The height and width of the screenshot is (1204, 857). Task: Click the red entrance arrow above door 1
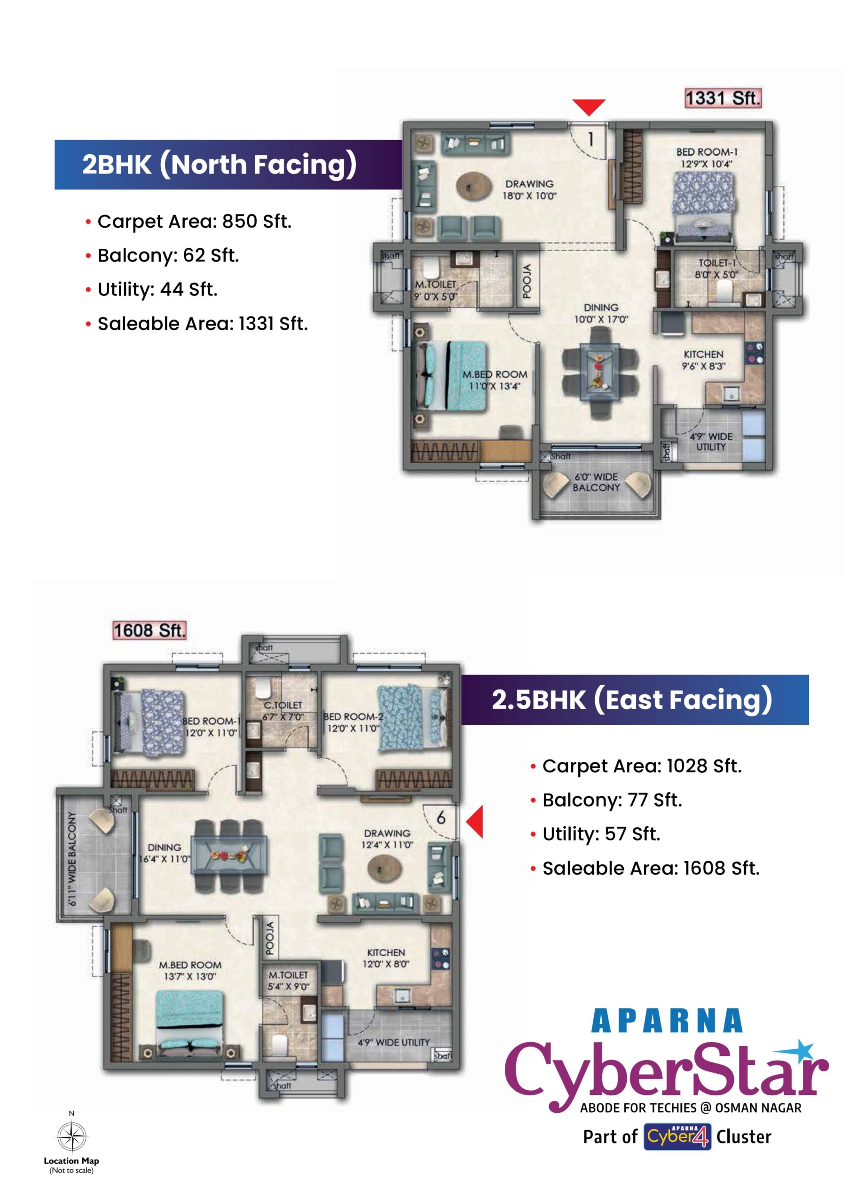pyautogui.click(x=589, y=107)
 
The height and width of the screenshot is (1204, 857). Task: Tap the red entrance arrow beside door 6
pyautogui.click(x=475, y=821)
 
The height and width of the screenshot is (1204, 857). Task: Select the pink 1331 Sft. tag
pyautogui.click(x=723, y=98)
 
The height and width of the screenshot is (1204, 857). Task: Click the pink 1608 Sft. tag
pyautogui.click(x=150, y=630)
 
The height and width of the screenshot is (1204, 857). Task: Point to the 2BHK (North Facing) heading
pyautogui.click(x=219, y=164)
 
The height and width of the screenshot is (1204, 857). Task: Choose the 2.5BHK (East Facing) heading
pyautogui.click(x=632, y=699)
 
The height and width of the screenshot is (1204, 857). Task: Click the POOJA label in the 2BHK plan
pyautogui.click(x=527, y=281)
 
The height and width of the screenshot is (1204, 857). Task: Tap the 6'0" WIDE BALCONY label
pyautogui.click(x=596, y=482)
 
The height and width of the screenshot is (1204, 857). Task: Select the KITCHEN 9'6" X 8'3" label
pyautogui.click(x=703, y=359)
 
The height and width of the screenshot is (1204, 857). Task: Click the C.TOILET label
pyautogui.click(x=283, y=705)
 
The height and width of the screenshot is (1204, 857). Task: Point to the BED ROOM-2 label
pyautogui.click(x=353, y=717)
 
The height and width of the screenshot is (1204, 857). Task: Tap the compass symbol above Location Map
pyautogui.click(x=72, y=1137)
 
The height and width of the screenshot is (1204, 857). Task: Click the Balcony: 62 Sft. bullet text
pyautogui.click(x=168, y=255)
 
